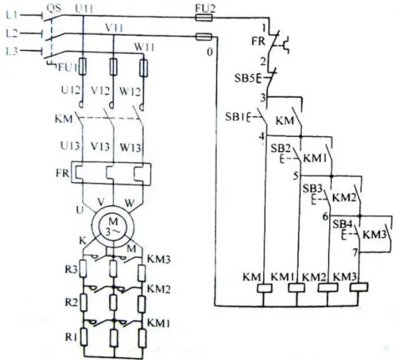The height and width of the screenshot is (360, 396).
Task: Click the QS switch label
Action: click(54, 8)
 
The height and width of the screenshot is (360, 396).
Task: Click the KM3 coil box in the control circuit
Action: click(359, 287)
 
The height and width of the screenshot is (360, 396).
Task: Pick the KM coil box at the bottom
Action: click(265, 288)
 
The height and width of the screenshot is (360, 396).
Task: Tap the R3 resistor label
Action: click(71, 270)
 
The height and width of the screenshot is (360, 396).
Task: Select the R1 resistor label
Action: click(71, 337)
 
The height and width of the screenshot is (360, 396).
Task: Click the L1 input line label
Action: click(12, 16)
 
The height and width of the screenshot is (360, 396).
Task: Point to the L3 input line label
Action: click(12, 51)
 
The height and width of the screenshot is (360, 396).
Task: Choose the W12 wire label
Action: click(130, 91)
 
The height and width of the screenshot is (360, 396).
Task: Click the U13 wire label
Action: click(70, 146)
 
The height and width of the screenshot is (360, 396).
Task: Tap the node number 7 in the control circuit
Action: click(355, 253)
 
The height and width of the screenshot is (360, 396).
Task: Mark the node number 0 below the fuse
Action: click(210, 53)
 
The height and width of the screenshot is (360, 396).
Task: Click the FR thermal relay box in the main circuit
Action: click(111, 173)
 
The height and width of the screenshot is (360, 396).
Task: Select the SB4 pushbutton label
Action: click(342, 224)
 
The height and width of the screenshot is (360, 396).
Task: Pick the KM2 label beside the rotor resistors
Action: click(159, 289)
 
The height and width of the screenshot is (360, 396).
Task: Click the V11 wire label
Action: click(114, 27)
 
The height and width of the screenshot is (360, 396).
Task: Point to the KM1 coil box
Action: click(297, 287)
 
